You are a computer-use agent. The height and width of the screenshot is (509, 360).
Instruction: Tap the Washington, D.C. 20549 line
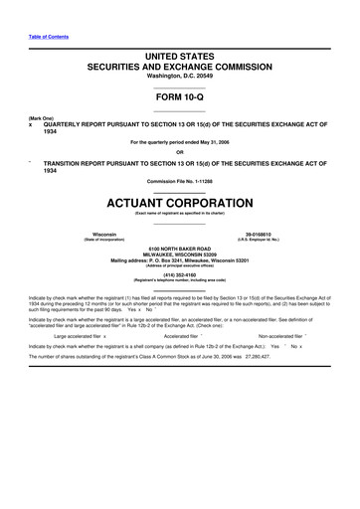180,78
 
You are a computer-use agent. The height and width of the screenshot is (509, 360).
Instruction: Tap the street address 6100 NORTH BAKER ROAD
180,249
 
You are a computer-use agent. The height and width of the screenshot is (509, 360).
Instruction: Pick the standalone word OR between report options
180,152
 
